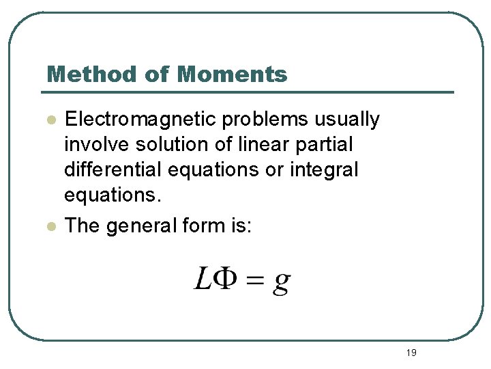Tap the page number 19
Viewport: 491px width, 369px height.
[411, 353]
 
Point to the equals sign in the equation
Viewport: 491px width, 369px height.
[254, 279]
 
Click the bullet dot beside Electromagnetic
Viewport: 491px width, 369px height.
[50, 120]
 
